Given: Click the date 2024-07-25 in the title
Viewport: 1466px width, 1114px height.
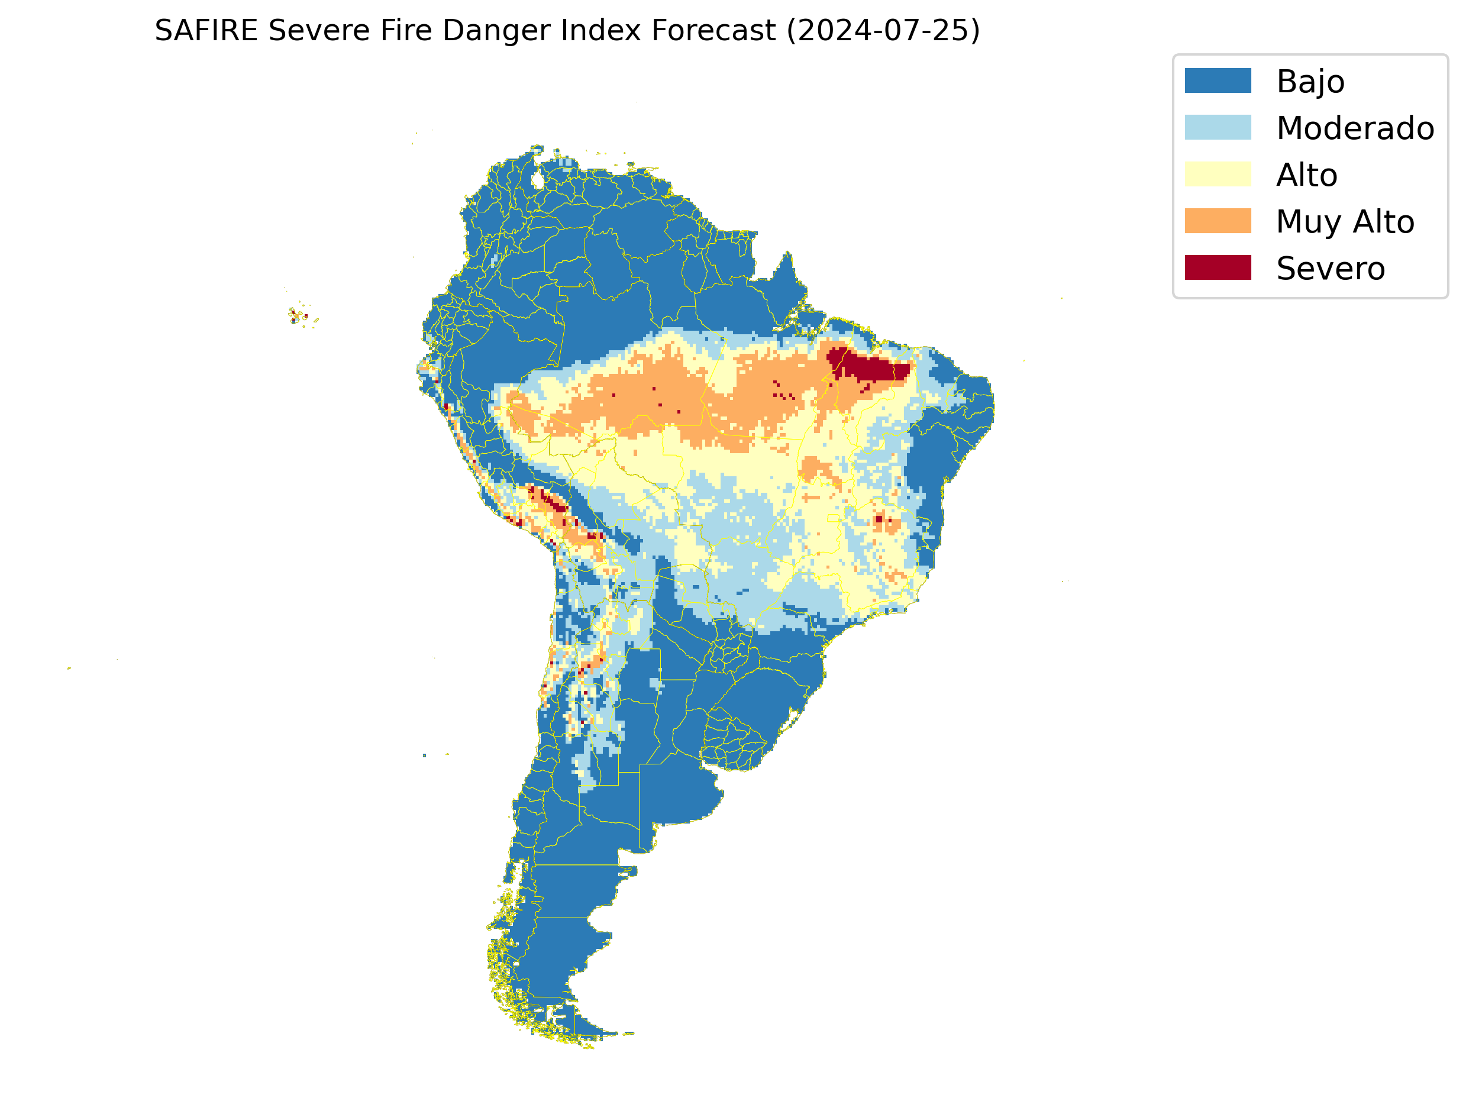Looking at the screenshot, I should click(x=883, y=31).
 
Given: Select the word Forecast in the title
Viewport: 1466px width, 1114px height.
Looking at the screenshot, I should click(x=713, y=31).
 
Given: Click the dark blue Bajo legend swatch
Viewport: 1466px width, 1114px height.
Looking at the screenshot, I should click(x=1218, y=81).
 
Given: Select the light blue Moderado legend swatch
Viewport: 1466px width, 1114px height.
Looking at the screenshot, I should click(x=1218, y=127).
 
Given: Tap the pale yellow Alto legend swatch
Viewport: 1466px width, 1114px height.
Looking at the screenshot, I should click(x=1218, y=175).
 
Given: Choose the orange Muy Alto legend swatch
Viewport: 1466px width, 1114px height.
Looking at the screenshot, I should click(x=1218, y=221).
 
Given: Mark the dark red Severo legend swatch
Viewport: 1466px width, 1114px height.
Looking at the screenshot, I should click(x=1218, y=268).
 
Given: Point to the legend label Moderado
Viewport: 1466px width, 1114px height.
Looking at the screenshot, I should click(x=1355, y=128).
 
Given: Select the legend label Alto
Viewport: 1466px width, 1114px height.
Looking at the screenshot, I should click(x=1306, y=175).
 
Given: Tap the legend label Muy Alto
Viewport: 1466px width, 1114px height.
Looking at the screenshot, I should click(x=1345, y=221).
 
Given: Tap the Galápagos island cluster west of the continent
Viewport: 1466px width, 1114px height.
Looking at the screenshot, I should click(x=298, y=316).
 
